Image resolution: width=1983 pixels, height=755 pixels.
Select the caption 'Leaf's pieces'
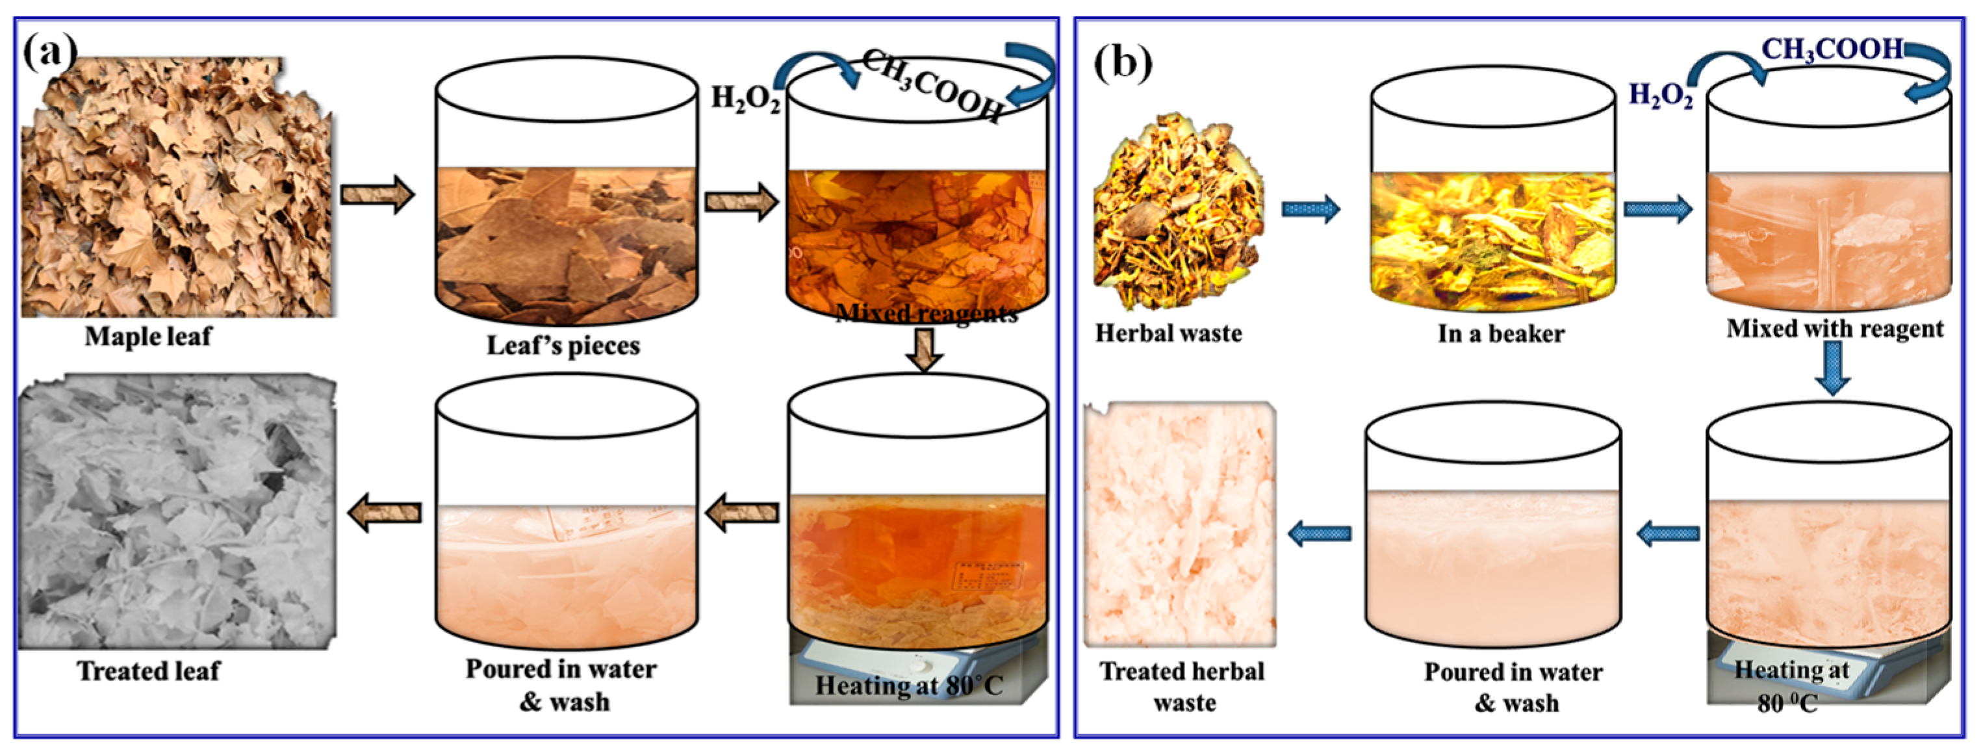[563, 346]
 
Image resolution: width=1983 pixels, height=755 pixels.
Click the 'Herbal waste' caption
[1168, 333]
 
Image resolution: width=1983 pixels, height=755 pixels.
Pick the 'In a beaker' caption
[1500, 334]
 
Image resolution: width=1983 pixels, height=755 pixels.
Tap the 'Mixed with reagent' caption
[1834, 329]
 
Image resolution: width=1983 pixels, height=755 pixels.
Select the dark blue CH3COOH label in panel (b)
[1832, 49]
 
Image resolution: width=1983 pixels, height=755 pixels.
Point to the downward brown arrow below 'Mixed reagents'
[924, 350]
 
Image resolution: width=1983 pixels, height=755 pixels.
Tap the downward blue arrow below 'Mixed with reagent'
[1833, 367]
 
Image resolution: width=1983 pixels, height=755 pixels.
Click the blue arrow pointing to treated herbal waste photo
[1320, 533]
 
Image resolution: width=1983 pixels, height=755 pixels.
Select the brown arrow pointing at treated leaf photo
[385, 512]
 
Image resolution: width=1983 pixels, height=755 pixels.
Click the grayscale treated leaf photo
[177, 512]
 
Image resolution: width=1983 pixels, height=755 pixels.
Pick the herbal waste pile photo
[1178, 212]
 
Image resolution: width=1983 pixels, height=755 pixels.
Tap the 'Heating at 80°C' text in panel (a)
[909, 685]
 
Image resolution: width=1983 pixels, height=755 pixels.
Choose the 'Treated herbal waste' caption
[1183, 687]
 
